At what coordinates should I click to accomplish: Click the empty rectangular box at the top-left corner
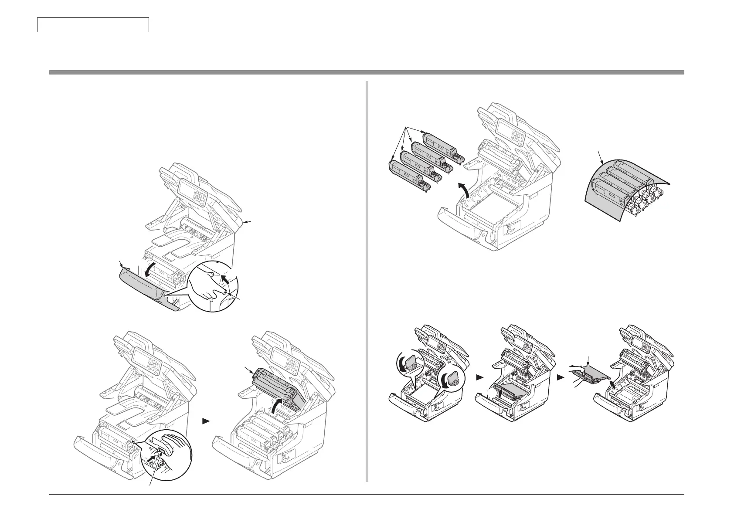point(93,25)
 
